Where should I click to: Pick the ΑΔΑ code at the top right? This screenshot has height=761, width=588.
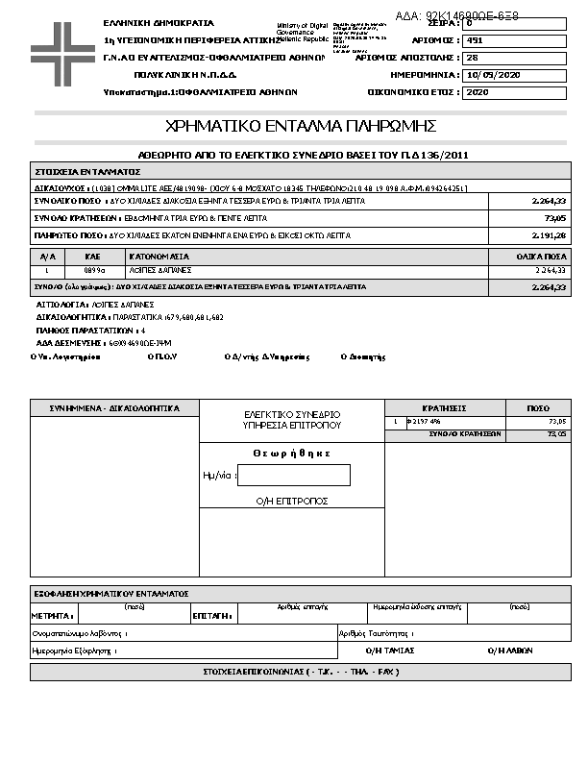[456, 16]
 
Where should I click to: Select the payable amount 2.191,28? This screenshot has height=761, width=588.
[549, 233]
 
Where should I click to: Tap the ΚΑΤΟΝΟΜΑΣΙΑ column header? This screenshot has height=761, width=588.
[159, 258]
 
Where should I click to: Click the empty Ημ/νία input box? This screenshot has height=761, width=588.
[293, 475]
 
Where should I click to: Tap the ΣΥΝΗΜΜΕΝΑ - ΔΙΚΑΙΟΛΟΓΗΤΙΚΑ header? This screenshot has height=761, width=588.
[114, 408]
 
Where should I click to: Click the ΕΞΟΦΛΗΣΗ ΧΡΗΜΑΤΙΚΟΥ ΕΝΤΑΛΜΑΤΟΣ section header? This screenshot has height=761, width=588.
[110, 594]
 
